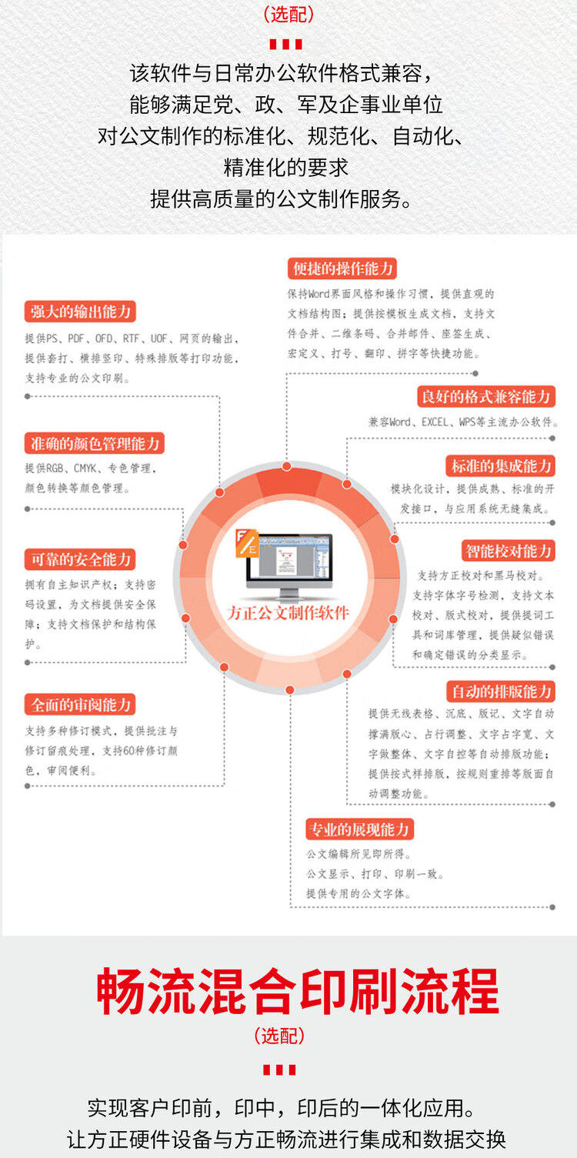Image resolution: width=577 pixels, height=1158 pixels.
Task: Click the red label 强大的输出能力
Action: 80,312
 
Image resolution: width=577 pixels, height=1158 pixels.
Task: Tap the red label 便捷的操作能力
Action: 342,269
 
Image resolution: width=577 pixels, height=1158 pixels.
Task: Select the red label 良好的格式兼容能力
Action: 486,396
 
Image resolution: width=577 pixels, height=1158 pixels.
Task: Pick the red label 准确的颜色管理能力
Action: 94,443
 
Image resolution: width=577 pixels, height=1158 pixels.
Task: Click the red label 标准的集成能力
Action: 501,466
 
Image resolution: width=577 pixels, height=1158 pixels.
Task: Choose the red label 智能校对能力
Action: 509,551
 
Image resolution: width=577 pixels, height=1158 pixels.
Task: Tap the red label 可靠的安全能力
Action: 80,559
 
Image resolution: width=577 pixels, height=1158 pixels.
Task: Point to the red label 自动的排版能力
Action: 501,691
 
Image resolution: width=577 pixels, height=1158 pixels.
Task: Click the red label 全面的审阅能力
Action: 80,705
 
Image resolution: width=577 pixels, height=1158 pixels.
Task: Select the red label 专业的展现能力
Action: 359,829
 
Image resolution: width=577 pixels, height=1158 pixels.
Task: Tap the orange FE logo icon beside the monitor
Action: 247,542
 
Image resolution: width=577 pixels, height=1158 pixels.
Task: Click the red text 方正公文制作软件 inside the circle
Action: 288,613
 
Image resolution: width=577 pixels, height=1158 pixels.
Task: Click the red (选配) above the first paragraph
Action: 288,14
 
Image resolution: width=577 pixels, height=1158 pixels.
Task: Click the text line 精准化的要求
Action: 286,167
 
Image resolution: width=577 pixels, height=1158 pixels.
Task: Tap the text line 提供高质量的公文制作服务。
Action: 281,199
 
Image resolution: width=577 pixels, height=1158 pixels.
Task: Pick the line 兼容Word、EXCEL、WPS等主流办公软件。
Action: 463,422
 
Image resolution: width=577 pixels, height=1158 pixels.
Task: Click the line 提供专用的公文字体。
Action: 359,893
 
